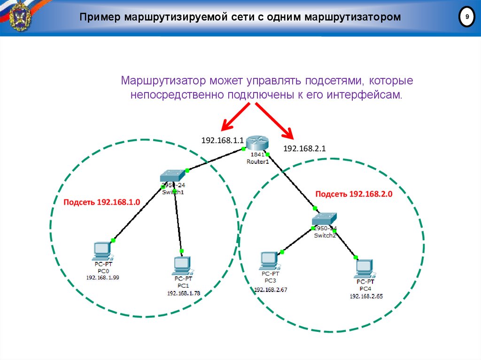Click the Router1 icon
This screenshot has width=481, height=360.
(257, 143)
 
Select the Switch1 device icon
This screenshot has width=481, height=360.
(172, 176)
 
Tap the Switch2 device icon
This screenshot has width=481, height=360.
(323, 219)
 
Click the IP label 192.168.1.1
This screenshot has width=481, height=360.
(222, 140)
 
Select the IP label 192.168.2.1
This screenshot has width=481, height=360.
(304, 148)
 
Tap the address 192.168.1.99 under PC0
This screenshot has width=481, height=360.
(102, 277)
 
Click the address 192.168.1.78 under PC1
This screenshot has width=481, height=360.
(183, 293)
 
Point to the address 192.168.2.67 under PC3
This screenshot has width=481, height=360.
(271, 290)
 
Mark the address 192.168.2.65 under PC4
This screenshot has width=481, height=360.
(365, 296)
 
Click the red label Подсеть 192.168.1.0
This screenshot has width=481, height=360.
(102, 202)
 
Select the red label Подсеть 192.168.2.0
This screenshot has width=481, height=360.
(353, 194)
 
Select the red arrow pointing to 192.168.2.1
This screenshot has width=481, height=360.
(274, 121)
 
